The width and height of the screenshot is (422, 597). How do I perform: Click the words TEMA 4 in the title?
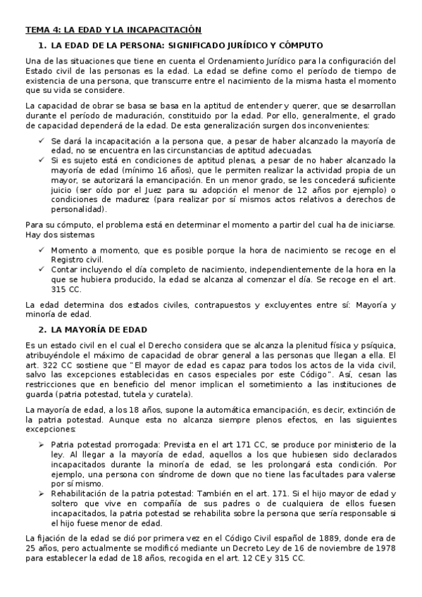pos(42,30)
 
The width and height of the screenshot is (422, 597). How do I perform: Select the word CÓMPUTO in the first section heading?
pos(296,44)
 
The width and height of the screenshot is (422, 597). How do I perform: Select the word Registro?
pos(68,260)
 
